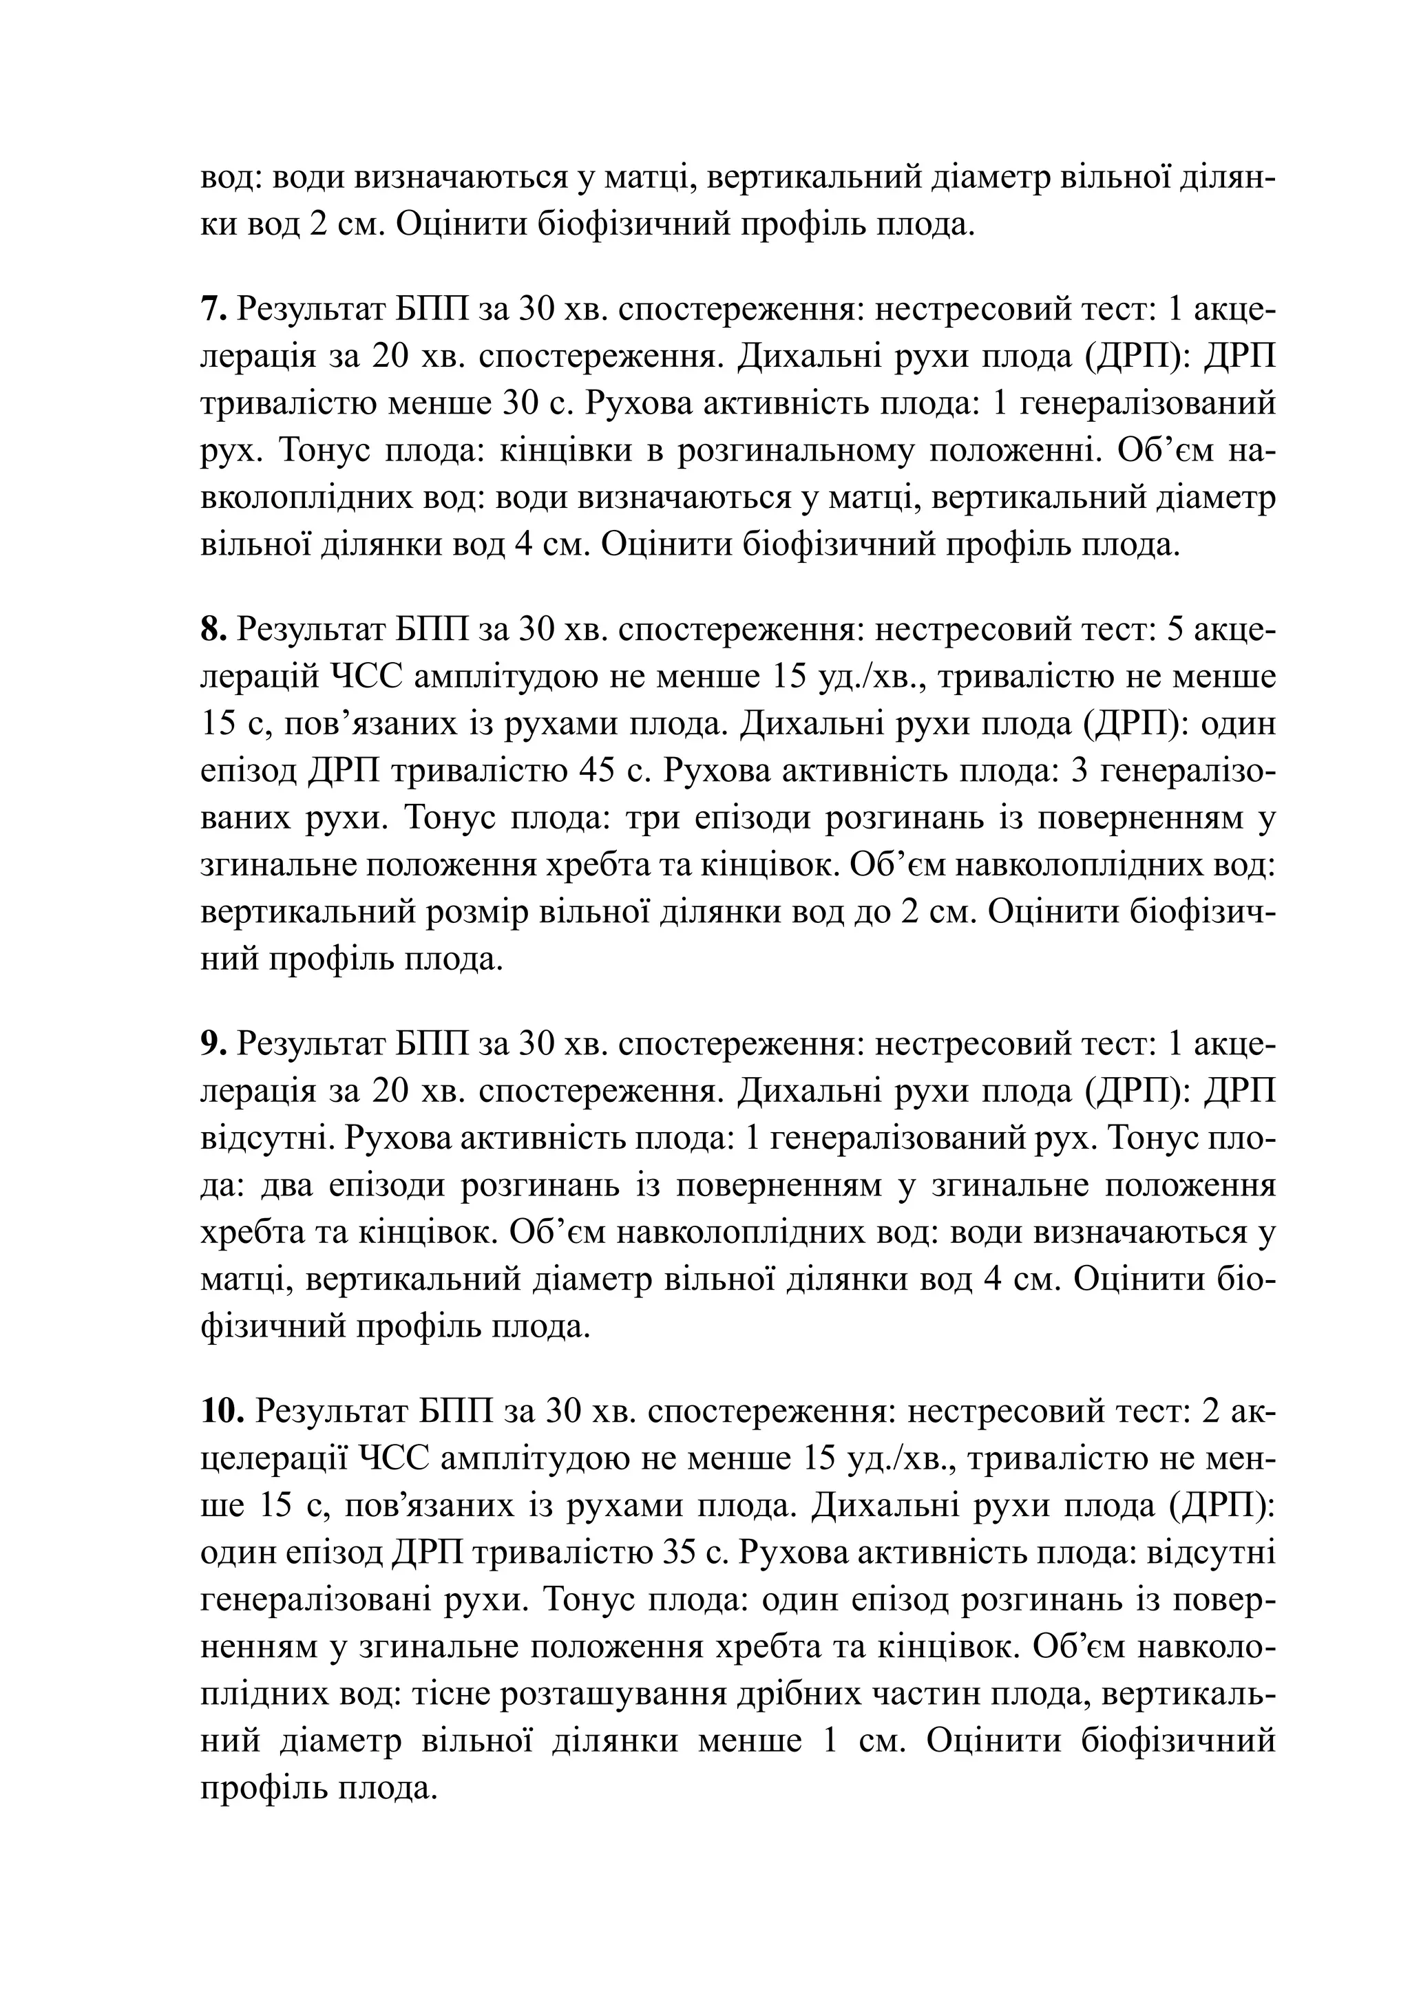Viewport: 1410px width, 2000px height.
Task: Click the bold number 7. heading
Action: coord(214,310)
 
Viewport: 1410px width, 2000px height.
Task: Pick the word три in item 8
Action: coord(666,819)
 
